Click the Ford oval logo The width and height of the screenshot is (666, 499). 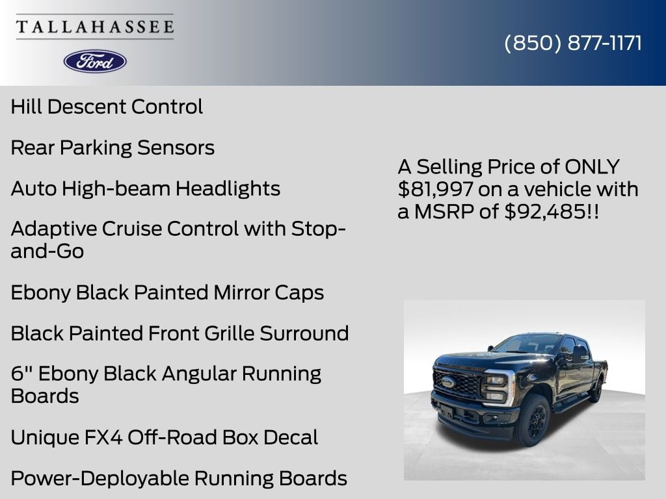tap(95, 61)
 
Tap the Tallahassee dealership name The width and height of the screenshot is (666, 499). tap(95, 27)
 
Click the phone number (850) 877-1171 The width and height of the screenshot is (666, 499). tap(573, 43)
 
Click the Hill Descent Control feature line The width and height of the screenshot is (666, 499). tap(107, 107)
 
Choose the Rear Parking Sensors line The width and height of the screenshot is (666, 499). tap(113, 147)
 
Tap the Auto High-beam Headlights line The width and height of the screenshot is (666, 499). tap(146, 188)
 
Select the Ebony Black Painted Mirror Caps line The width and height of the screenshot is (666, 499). tap(167, 292)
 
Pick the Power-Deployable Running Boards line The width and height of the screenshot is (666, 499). tap(179, 478)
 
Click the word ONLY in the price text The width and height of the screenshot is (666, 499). tap(592, 167)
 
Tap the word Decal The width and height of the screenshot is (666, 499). tap(289, 437)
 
